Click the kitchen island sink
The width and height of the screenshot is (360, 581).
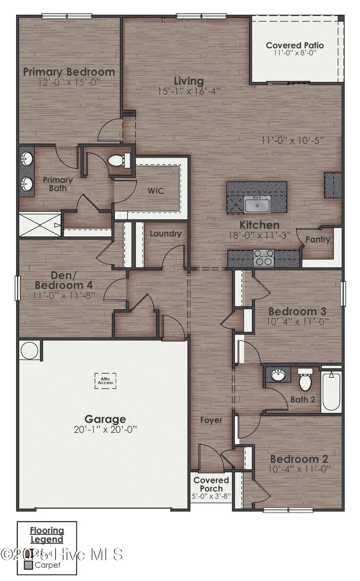[257, 205]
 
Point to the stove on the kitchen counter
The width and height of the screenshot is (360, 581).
[264, 258]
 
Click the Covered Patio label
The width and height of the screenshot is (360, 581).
[295, 46]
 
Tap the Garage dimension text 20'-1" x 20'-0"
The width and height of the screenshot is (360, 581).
[106, 430]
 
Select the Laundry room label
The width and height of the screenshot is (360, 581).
[165, 234]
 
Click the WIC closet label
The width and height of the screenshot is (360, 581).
[156, 191]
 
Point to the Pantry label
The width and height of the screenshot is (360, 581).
[318, 240]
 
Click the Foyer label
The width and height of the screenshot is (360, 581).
[211, 420]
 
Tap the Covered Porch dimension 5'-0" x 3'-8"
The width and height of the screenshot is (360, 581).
[211, 496]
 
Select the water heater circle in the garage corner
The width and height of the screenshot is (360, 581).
[29, 350]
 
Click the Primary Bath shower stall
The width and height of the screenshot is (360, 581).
[40, 225]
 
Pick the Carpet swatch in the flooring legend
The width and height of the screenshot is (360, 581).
[28, 565]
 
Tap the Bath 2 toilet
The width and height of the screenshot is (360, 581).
[305, 380]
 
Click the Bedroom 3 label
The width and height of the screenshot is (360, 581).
[297, 311]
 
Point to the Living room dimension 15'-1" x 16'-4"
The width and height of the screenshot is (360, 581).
[189, 91]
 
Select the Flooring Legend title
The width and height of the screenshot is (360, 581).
[47, 535]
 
